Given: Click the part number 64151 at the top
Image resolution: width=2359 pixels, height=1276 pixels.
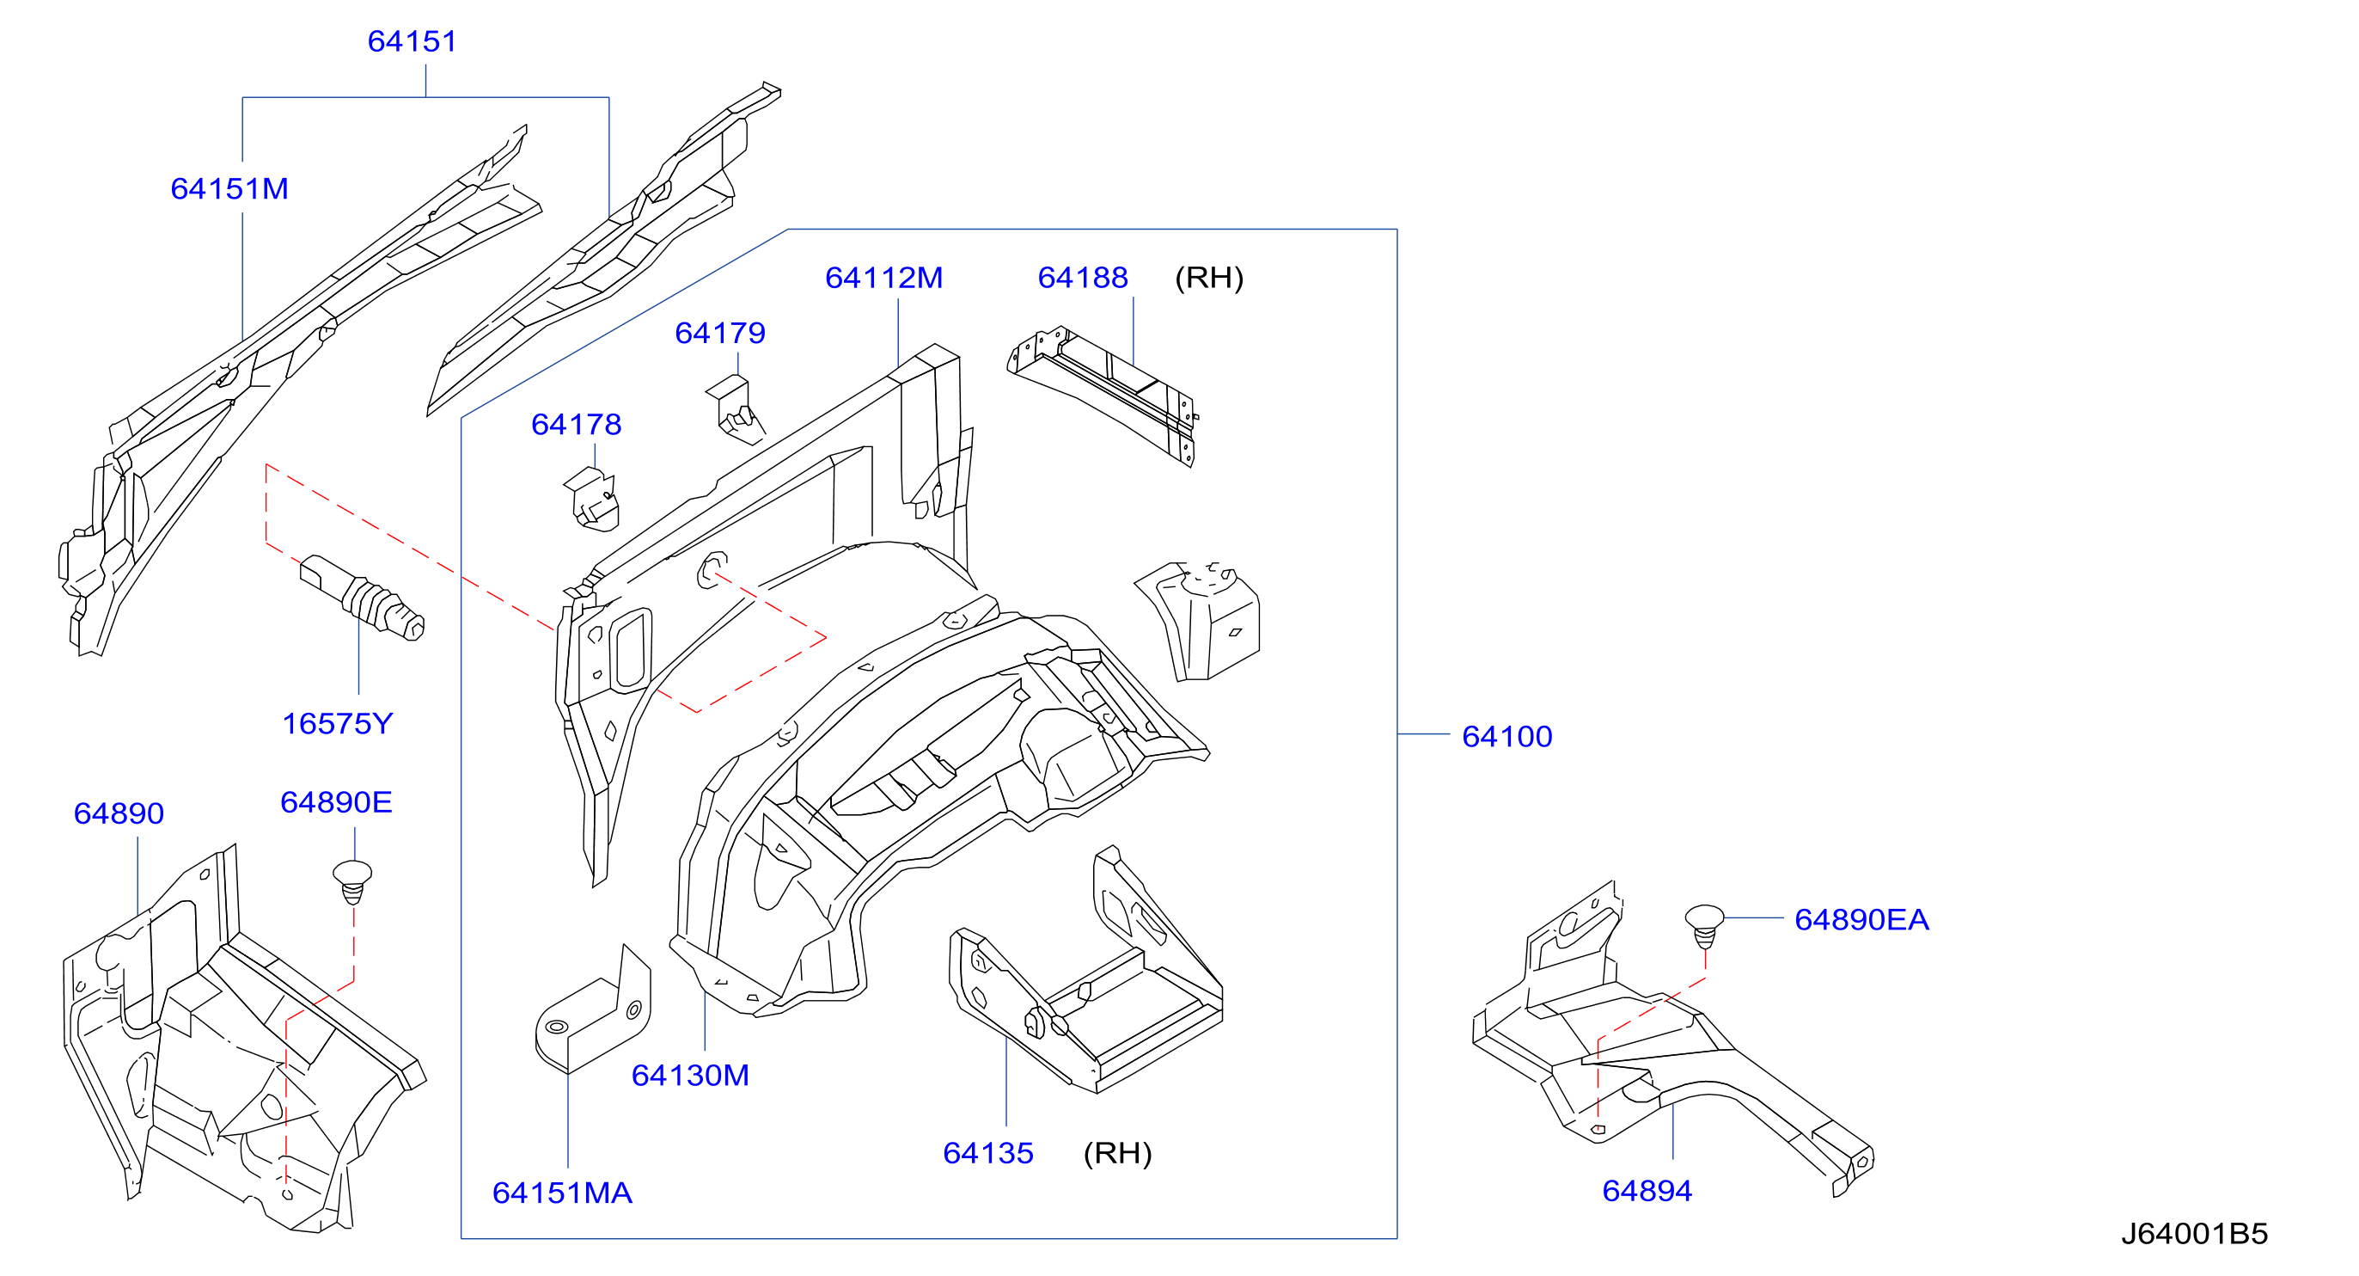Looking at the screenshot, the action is (x=413, y=41).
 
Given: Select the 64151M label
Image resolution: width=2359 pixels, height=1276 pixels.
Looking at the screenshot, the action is (x=229, y=188).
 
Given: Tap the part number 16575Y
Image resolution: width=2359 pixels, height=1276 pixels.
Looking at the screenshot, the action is (x=337, y=724).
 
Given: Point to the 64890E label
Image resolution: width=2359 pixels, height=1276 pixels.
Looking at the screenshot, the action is (x=336, y=802).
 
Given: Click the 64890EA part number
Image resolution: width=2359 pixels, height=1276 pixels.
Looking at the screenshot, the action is (x=1861, y=920).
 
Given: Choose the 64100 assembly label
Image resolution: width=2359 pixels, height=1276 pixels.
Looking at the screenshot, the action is (x=1507, y=737).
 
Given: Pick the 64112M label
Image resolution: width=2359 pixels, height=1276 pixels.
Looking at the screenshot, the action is (x=883, y=278).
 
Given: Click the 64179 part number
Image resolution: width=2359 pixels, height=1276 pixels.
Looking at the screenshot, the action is (x=720, y=333).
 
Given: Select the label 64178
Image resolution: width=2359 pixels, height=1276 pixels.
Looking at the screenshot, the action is (x=576, y=424).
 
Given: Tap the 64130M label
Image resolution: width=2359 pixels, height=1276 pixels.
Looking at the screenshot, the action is (x=690, y=1076).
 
